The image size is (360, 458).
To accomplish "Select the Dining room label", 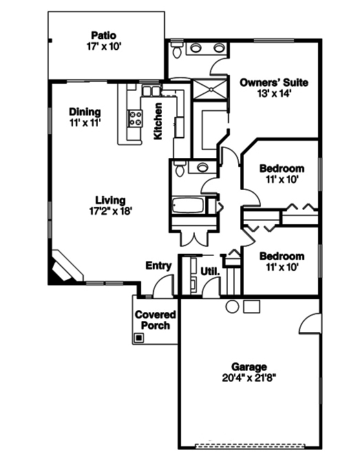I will [x=85, y=112].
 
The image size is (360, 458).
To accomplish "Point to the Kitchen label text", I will [x=158, y=121].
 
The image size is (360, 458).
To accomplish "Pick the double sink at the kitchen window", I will [x=150, y=91].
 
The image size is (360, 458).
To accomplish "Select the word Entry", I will [x=158, y=266].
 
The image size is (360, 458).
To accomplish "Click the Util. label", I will [x=210, y=271].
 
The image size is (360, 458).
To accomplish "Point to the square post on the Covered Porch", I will [x=139, y=338].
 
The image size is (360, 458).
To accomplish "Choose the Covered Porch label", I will [x=155, y=320].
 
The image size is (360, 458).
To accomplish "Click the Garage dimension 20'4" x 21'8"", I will [x=248, y=378].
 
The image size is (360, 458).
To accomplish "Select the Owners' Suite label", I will [x=274, y=83].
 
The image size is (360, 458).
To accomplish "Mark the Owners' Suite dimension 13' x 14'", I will [x=274, y=95].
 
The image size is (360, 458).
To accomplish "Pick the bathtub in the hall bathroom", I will [x=188, y=206].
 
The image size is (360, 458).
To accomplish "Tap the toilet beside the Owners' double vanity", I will [x=178, y=50].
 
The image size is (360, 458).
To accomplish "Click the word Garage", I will [x=248, y=367].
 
